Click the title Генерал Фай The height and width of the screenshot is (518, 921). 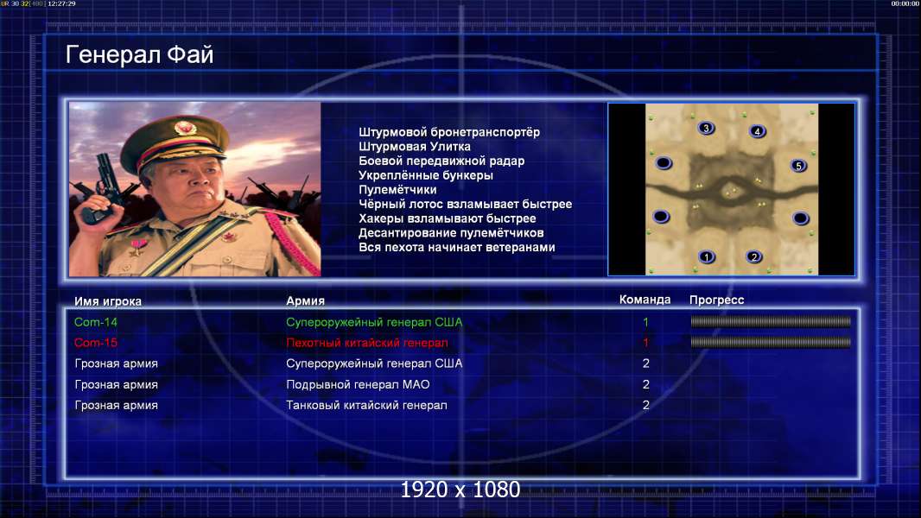[x=139, y=54]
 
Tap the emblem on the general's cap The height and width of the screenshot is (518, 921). [x=184, y=128]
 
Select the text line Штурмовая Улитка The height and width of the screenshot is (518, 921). [x=415, y=147]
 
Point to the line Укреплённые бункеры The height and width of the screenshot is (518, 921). [x=426, y=175]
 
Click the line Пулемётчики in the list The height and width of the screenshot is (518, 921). [x=397, y=189]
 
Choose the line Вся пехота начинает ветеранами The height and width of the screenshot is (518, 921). [x=457, y=247]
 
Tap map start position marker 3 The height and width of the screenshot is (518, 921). [x=706, y=128]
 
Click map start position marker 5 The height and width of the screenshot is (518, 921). [x=798, y=166]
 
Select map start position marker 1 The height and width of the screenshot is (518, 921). [x=707, y=256]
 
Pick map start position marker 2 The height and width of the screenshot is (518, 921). [x=754, y=256]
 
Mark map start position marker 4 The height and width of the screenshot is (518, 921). [x=757, y=131]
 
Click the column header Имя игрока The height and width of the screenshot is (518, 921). [x=108, y=301]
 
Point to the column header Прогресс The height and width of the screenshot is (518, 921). [x=716, y=300]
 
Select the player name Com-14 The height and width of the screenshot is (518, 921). [x=96, y=322]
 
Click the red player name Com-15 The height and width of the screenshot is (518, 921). [x=96, y=343]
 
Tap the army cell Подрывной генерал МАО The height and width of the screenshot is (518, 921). [x=358, y=385]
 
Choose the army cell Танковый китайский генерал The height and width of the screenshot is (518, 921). [x=366, y=406]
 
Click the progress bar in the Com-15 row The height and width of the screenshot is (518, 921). [x=771, y=342]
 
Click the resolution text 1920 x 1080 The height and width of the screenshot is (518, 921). [x=460, y=490]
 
